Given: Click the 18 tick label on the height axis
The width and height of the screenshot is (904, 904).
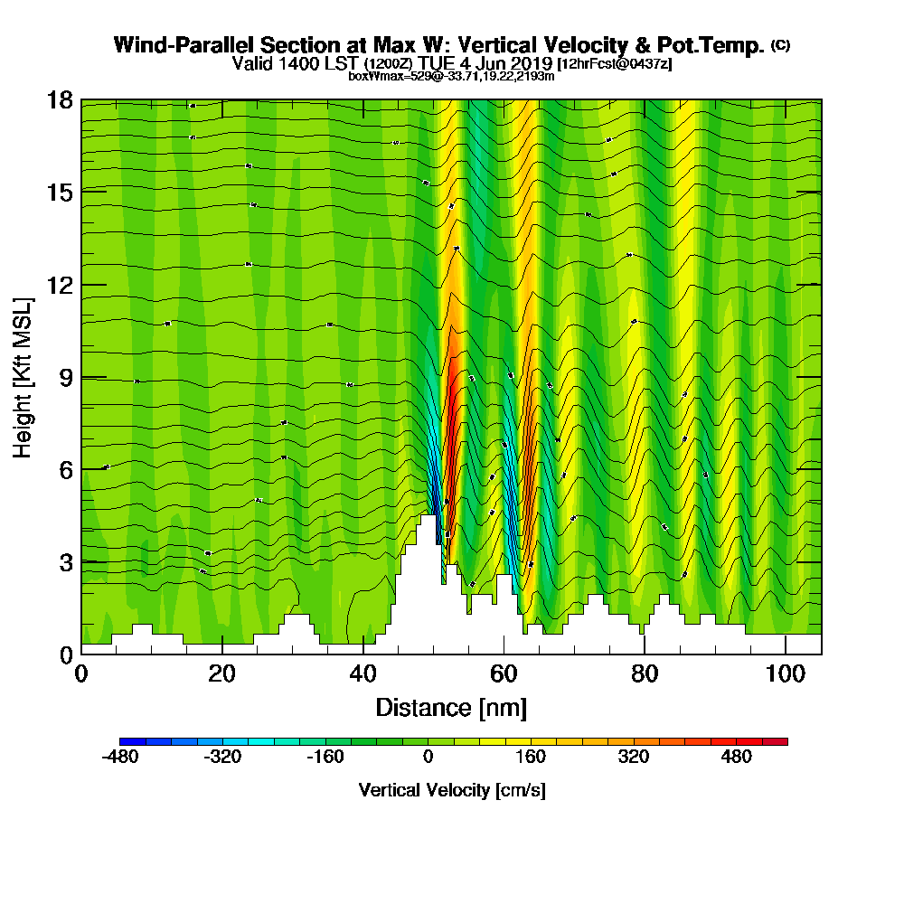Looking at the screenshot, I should (x=60, y=99).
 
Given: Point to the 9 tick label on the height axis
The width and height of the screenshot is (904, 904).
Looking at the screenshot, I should (x=66, y=377).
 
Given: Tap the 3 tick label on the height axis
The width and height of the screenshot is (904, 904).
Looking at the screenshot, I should (x=66, y=561).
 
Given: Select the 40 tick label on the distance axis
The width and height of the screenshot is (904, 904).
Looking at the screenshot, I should (x=363, y=673).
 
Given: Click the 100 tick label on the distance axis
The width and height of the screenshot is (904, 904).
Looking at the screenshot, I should (x=786, y=673).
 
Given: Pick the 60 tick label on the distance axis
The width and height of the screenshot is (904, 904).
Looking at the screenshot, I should (x=504, y=673).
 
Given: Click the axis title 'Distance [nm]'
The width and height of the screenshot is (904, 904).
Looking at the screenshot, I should (x=451, y=707).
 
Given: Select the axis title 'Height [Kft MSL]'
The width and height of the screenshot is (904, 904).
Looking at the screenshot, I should (x=24, y=377).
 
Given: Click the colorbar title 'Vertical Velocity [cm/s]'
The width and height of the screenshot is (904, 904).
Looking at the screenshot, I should (x=452, y=790).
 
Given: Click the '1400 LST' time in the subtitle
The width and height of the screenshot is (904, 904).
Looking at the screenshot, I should (x=322, y=64).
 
